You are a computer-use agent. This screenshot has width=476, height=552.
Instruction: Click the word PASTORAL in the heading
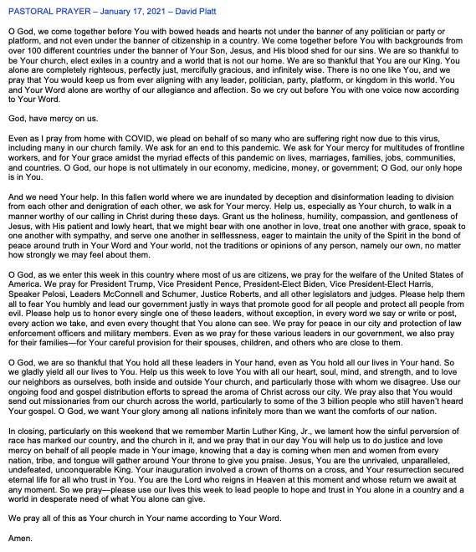(31, 9)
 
